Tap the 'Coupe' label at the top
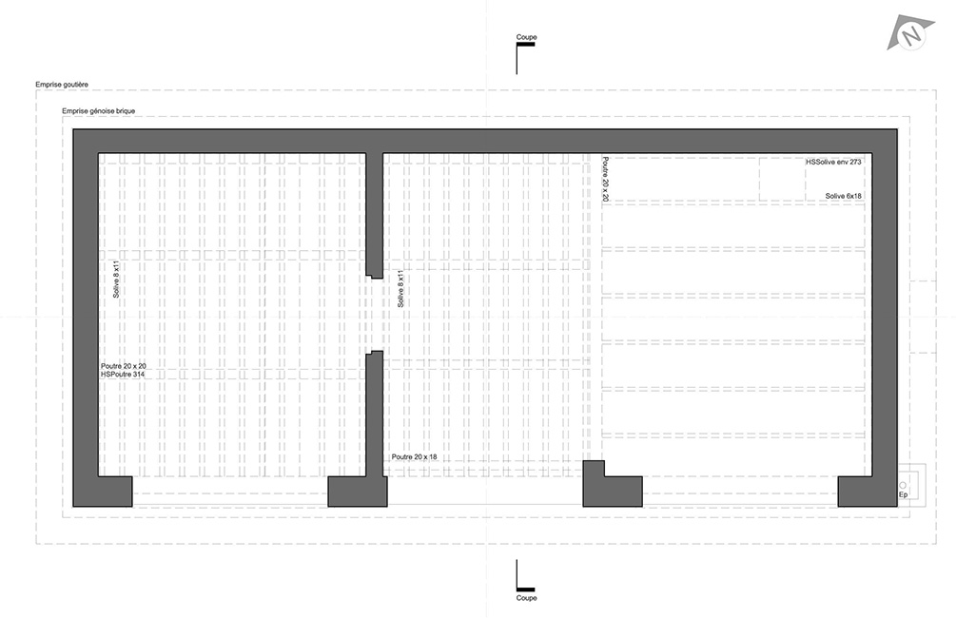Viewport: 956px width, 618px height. click(526, 37)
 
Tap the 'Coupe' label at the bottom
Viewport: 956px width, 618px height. click(526, 598)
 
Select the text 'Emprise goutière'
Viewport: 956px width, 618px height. click(62, 85)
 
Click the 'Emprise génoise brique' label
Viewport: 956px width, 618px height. click(98, 111)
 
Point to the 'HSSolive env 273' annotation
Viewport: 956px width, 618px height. click(833, 163)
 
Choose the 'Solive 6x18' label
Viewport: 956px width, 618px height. click(843, 196)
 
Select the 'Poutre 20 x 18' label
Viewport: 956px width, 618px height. click(415, 457)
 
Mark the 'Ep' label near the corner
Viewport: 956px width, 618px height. click(903, 495)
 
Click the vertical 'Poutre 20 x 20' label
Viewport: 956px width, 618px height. click(605, 181)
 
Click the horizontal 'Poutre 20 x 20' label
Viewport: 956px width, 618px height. click(124, 366)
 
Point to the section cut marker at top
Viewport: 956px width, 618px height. click(518, 59)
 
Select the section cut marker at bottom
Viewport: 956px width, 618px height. click(518, 576)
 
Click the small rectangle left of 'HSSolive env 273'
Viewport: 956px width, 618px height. click(781, 180)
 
